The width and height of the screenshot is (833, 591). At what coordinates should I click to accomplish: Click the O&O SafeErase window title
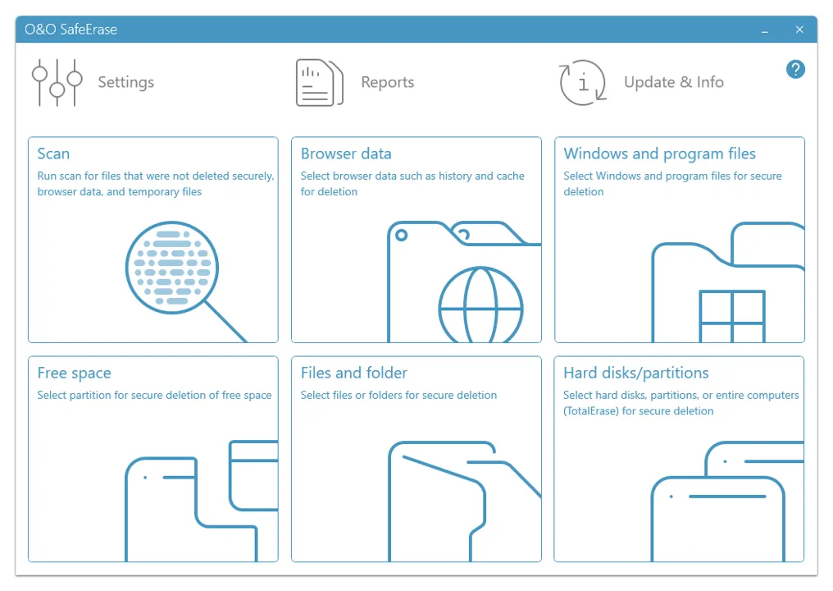coord(71,30)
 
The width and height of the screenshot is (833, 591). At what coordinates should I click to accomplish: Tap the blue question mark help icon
coord(795,69)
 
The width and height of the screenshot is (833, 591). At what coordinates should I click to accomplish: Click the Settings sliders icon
coord(57,82)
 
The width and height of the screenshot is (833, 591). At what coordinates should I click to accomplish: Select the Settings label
coord(126,82)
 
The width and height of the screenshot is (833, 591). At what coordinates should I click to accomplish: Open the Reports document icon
coord(319,82)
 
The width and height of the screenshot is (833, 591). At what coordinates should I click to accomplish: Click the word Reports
coord(387,82)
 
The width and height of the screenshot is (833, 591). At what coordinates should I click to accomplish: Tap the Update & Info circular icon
coord(583,82)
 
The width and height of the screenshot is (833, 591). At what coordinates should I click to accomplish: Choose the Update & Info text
coord(674,82)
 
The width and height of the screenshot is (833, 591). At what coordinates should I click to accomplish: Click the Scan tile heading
coord(53,153)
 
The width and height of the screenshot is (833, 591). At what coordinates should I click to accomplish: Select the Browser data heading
coord(346,153)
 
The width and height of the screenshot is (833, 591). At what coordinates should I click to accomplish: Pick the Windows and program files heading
coord(659,153)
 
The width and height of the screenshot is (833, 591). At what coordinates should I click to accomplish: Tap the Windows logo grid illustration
coord(732,316)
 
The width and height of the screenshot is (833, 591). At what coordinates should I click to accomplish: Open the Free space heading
coord(74,373)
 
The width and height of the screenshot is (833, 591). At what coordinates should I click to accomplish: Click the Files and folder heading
coord(354,373)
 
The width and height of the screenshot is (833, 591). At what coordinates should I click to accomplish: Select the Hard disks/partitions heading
coord(636,373)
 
